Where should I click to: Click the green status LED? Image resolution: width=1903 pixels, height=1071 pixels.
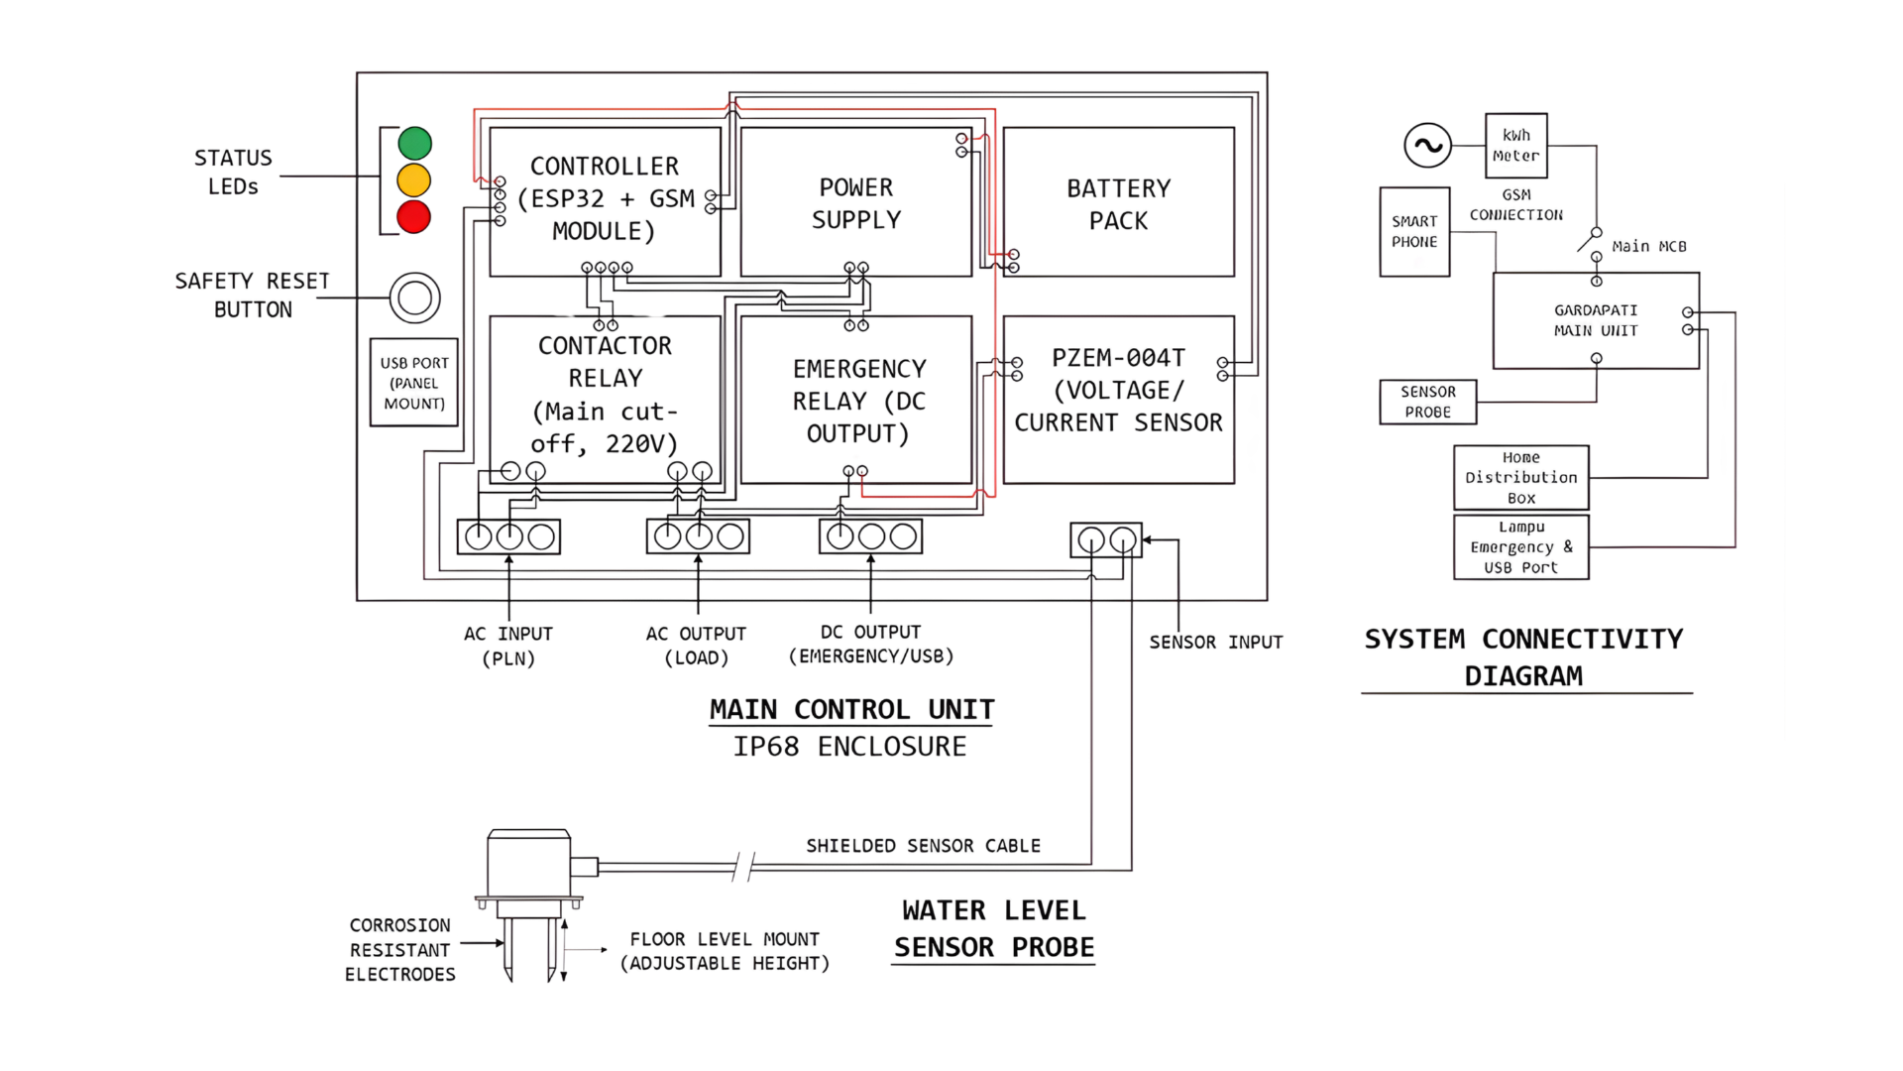click(414, 144)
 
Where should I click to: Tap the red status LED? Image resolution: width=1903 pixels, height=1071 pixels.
click(413, 216)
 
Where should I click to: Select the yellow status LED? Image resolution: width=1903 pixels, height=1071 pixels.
click(413, 180)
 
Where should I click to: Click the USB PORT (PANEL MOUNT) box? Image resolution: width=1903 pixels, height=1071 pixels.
click(414, 383)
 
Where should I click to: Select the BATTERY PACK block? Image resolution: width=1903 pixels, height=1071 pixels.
click(1118, 202)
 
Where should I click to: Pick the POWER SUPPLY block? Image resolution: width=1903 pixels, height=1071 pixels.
click(855, 202)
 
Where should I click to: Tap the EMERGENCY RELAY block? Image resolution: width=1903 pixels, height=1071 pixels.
click(855, 400)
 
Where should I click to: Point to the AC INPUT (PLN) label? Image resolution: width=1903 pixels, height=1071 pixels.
click(507, 646)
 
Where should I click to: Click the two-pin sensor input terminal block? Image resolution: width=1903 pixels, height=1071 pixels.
click(1106, 540)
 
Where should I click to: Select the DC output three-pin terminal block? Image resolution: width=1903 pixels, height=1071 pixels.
click(870, 536)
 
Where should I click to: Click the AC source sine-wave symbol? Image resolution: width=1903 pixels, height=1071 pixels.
click(1427, 146)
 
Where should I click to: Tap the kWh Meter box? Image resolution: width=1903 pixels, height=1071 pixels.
click(1515, 146)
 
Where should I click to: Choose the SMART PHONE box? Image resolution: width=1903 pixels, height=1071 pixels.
click(1414, 232)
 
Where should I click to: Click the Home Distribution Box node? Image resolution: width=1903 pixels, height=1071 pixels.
click(1520, 477)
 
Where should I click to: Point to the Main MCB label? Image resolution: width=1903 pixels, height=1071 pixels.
click(1648, 246)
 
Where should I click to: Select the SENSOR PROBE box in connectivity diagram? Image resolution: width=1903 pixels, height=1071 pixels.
click(1427, 402)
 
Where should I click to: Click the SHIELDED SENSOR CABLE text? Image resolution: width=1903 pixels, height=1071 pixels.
click(923, 846)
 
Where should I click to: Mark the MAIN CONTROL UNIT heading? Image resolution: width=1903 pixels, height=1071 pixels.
click(850, 710)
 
